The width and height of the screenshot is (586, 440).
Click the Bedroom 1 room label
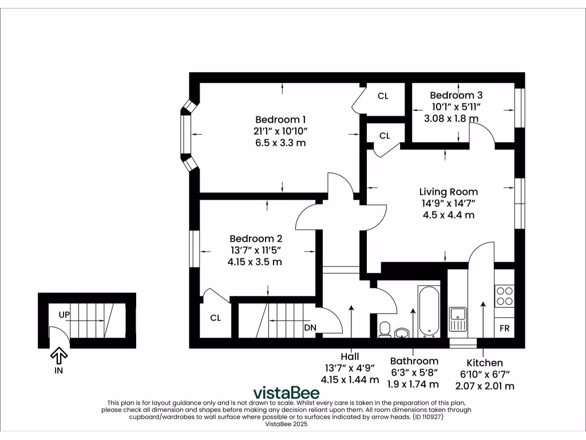280,120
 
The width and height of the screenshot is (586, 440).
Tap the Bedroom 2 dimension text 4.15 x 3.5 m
255,262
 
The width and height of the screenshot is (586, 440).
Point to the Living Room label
448,192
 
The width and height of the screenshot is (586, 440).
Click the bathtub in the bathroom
429,312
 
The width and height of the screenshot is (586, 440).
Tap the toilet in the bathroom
385,329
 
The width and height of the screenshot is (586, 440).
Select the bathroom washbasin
403,333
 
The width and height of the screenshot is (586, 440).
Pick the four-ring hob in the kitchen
505,296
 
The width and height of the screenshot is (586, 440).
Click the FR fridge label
505,329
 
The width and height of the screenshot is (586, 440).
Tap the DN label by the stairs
310,328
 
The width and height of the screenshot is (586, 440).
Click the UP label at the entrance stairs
64,315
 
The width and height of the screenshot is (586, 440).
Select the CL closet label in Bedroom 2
215,318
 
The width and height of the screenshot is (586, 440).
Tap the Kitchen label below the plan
485,363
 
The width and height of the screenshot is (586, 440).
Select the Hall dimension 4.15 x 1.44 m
350,379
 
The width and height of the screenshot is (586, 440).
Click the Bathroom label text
414,361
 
